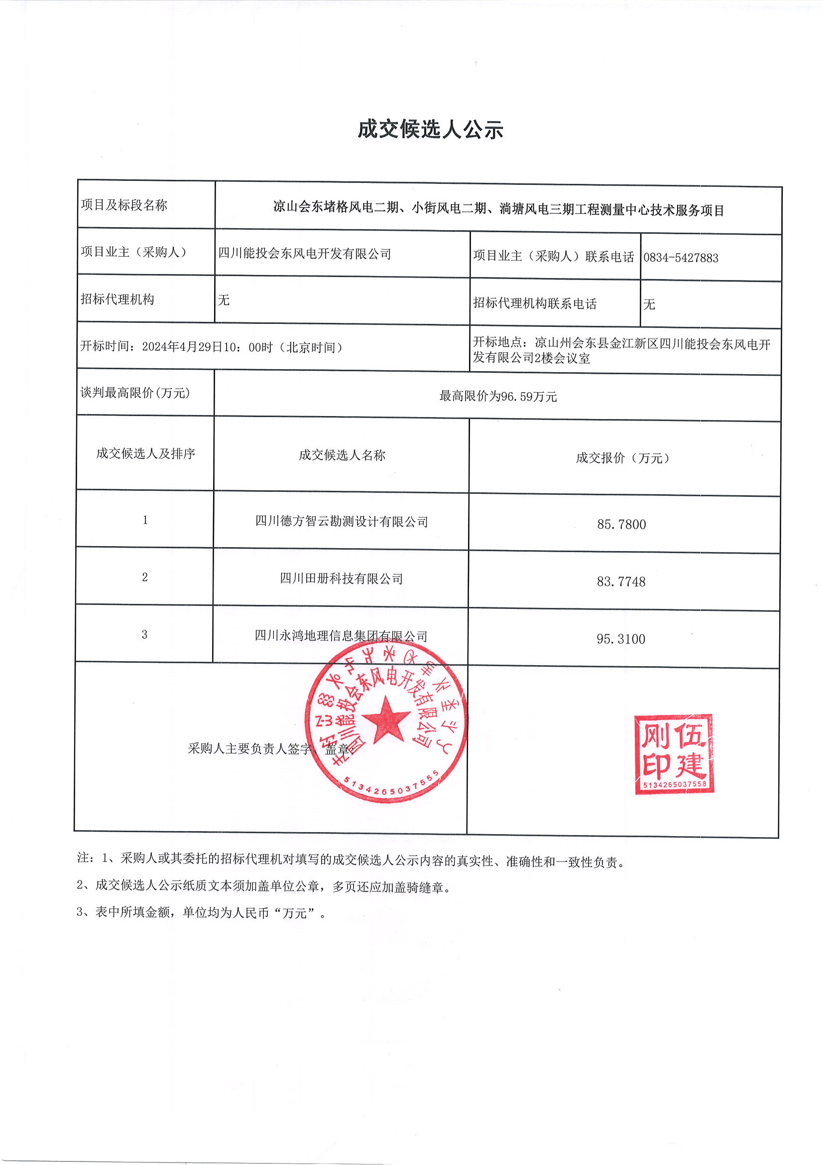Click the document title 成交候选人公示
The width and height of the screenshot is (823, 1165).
pyautogui.click(x=430, y=130)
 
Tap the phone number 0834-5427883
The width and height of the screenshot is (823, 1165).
pyautogui.click(x=681, y=258)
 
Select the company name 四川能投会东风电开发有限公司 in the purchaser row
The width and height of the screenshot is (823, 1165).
pyautogui.click(x=305, y=253)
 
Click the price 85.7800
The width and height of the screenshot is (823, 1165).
pyautogui.click(x=621, y=524)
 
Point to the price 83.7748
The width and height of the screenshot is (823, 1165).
pyautogui.click(x=621, y=582)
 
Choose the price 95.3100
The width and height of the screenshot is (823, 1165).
pyautogui.click(x=621, y=639)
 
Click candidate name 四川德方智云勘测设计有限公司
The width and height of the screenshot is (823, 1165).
pyautogui.click(x=341, y=521)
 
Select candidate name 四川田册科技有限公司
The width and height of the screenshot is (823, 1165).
pyautogui.click(x=341, y=579)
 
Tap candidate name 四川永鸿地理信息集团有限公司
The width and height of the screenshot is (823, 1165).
pyautogui.click(x=341, y=635)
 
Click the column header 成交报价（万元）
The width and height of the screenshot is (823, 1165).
pyautogui.click(x=623, y=457)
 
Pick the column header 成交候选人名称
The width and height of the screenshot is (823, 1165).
pyautogui.click(x=342, y=454)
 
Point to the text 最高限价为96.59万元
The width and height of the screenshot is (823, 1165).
pyautogui.click(x=497, y=396)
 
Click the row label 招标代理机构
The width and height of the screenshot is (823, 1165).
pyautogui.click(x=117, y=299)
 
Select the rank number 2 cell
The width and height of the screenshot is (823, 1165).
pyautogui.click(x=145, y=577)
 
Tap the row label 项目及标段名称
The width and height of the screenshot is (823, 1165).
pyautogui.click(x=124, y=205)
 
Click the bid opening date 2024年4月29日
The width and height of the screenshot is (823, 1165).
pyautogui.click(x=182, y=347)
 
